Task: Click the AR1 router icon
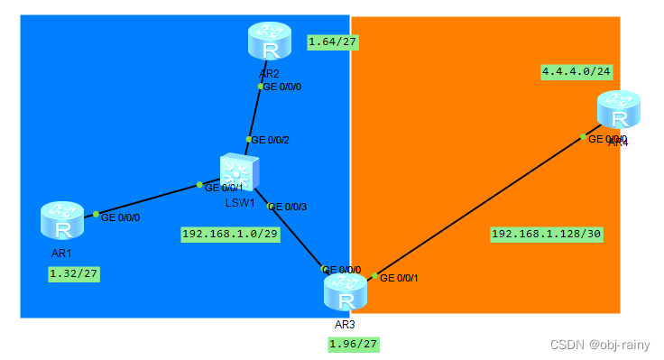pos(61,220)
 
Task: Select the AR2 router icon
pos(269,42)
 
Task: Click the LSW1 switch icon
pos(239,172)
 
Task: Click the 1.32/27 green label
pos(73,273)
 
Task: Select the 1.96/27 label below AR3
pos(353,344)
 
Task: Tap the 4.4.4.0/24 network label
pos(576,71)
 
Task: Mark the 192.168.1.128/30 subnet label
pos(546,234)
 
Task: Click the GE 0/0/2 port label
pos(271,140)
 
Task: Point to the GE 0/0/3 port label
pos(288,207)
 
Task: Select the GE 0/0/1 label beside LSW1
pos(224,188)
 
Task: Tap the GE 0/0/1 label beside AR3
pos(399,278)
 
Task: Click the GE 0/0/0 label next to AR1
pos(120,217)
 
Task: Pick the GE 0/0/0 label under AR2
pos(281,88)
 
